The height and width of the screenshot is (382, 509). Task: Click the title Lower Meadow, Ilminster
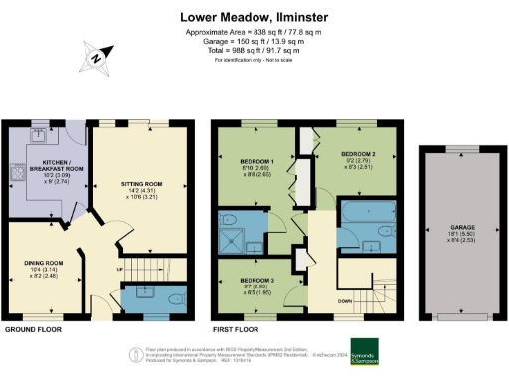coord(254,17)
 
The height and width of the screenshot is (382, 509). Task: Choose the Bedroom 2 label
coord(356,155)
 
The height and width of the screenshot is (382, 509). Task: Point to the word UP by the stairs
coord(123,268)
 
